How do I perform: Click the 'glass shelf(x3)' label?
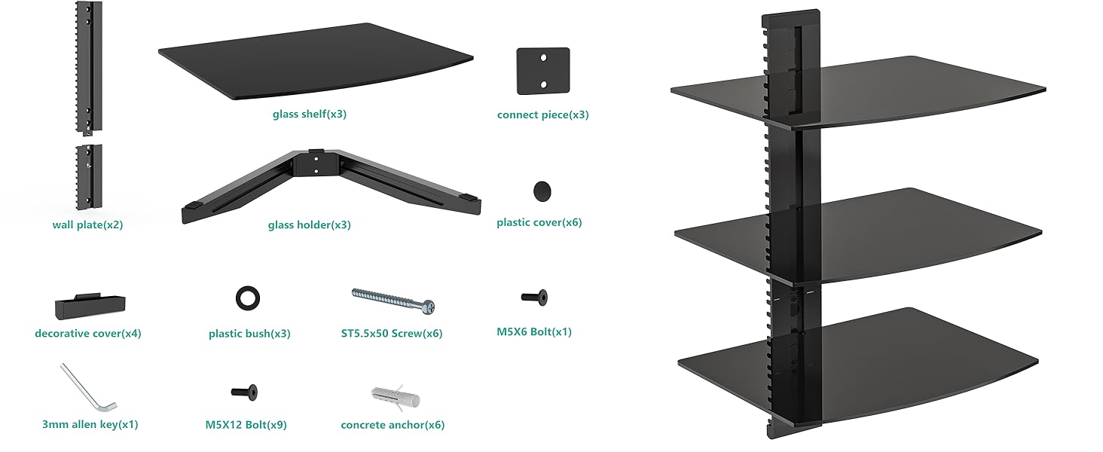point(309,115)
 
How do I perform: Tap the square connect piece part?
point(543,71)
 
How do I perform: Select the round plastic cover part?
point(542,191)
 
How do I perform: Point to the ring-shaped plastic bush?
point(248,298)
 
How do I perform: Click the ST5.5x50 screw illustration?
point(393,301)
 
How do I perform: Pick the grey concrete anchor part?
point(395,398)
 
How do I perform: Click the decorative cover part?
point(90,307)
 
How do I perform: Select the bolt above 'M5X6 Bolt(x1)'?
point(534,298)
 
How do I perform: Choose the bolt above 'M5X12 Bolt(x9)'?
point(244,392)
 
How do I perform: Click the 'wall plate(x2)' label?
point(87,225)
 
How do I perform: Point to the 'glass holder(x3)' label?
point(309,225)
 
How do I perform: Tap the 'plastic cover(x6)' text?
point(539,222)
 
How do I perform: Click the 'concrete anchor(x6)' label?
point(393,424)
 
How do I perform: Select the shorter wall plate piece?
point(89,177)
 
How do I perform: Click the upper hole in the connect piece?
point(543,57)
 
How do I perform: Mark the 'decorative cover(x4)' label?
point(88,333)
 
